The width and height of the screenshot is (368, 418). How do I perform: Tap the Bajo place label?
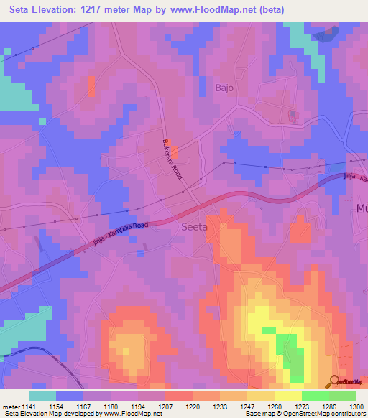[225, 88]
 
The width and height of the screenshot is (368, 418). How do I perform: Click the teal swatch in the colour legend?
[42, 396]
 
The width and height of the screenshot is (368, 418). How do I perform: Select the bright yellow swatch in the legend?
[287, 396]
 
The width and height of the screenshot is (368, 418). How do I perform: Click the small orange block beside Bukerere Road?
[175, 152]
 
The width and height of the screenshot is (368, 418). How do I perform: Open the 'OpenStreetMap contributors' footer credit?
[324, 414]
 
